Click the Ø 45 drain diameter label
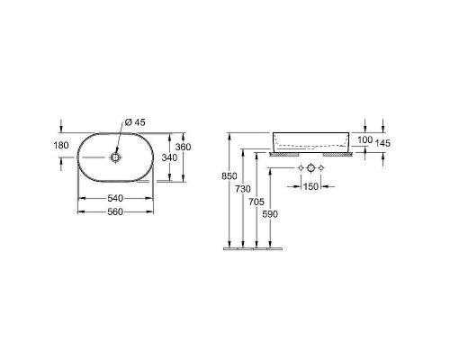135,122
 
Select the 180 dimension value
61,146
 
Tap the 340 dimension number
169,157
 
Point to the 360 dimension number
183,147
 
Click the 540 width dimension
115,198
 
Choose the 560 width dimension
115,211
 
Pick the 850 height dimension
229,176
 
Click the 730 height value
243,189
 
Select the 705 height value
256,202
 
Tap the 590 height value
270,214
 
